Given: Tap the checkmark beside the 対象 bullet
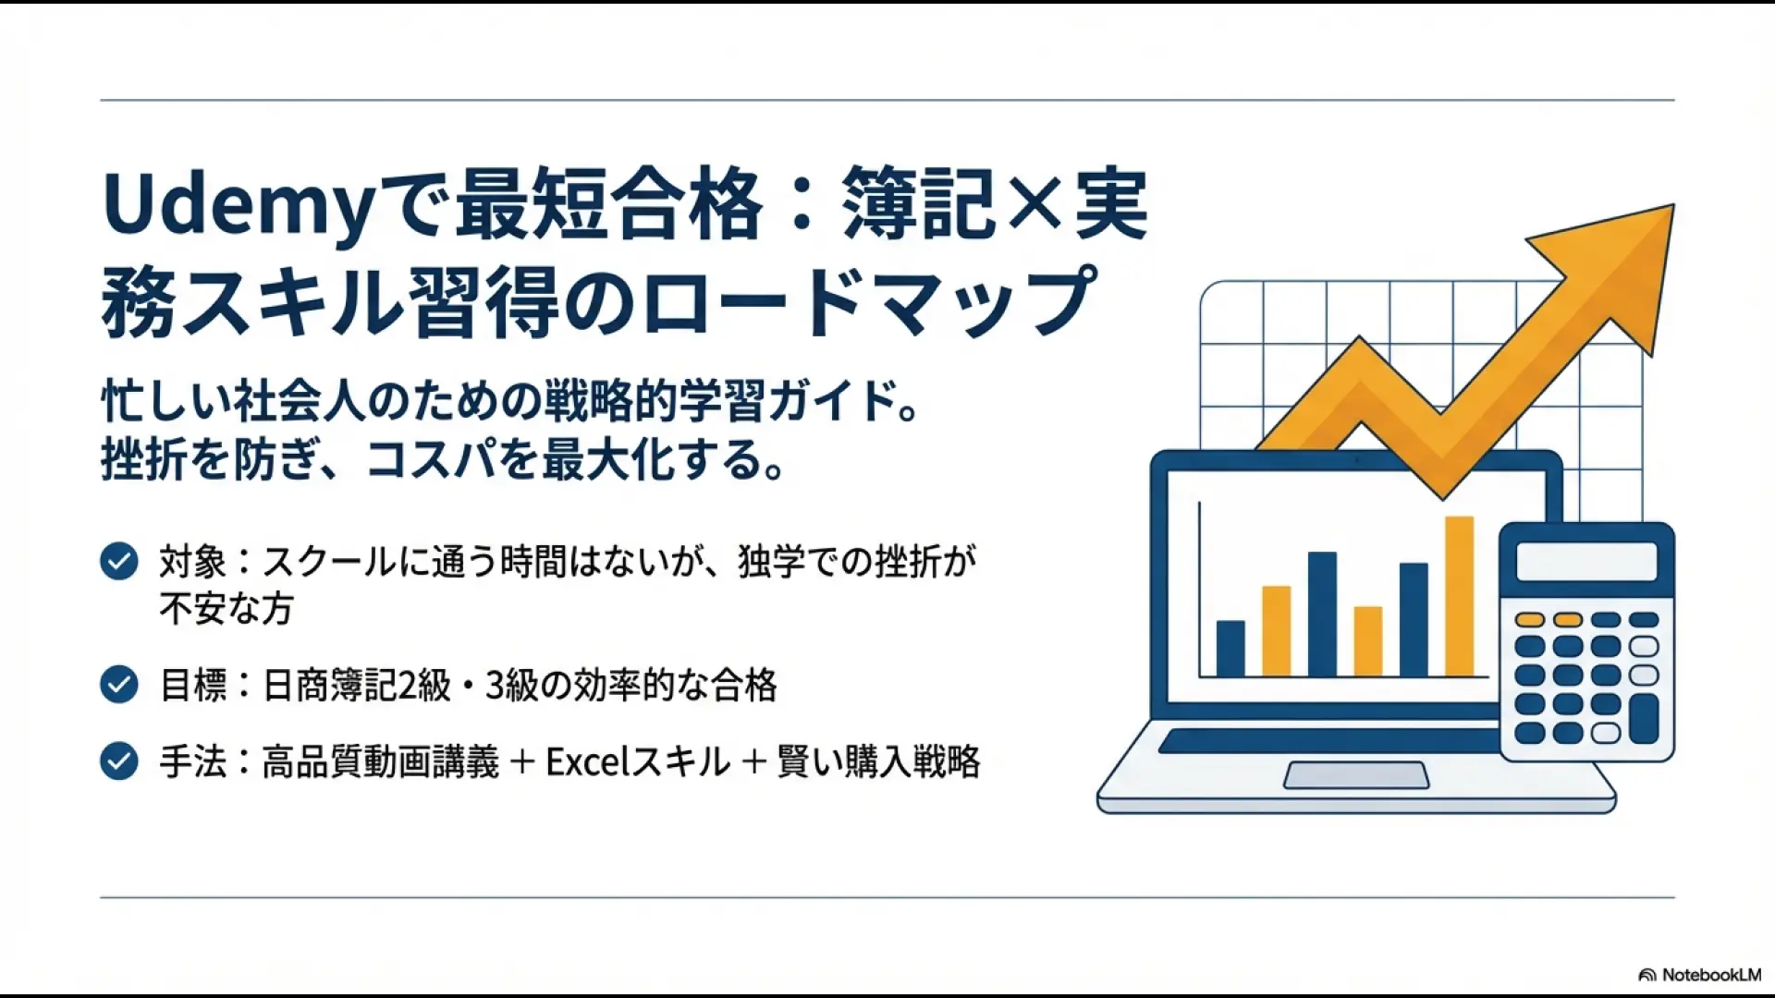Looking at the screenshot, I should click(119, 561).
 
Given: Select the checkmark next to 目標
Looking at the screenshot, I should click(119, 685).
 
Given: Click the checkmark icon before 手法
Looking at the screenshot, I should click(119, 761).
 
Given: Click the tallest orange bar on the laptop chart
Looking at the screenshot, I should click(1459, 596).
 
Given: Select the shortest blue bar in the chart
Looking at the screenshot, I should click(1230, 648).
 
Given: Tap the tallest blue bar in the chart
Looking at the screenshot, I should click(1322, 614).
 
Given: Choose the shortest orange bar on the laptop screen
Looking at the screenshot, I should click(1367, 640).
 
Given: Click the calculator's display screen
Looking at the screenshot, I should click(1586, 562).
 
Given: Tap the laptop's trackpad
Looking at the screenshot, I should click(1356, 775).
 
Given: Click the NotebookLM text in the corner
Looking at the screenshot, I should click(1710, 975).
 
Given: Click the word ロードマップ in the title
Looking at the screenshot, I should click(869, 301).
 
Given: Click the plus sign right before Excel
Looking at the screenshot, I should click(522, 762).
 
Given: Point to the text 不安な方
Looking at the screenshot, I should click(226, 609).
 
